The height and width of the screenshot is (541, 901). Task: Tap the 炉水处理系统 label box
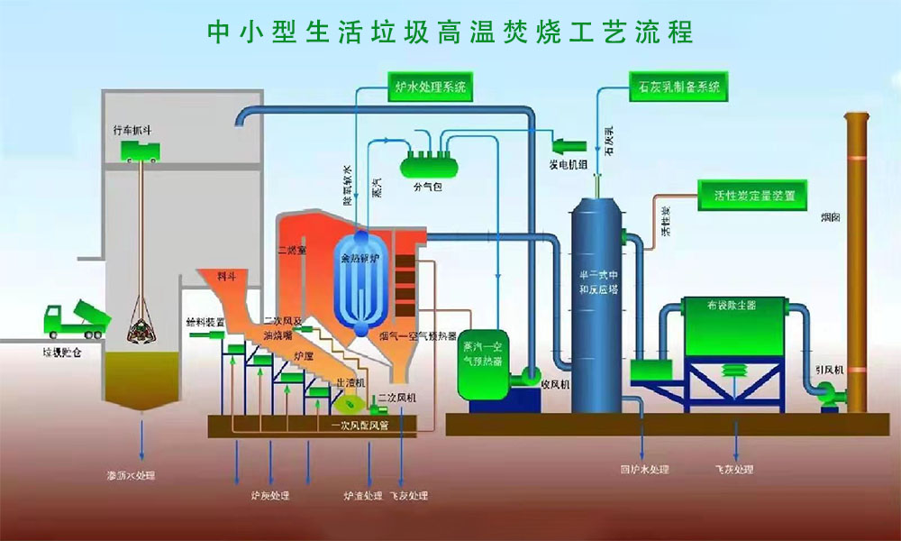coord(431,87)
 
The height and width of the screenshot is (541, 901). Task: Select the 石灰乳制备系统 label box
coord(677,87)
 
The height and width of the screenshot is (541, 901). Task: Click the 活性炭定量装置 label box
coord(753,194)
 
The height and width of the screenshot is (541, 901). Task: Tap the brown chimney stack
coord(855,261)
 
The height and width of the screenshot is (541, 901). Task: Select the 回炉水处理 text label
coord(645,470)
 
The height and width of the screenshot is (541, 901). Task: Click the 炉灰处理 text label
coord(271,495)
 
